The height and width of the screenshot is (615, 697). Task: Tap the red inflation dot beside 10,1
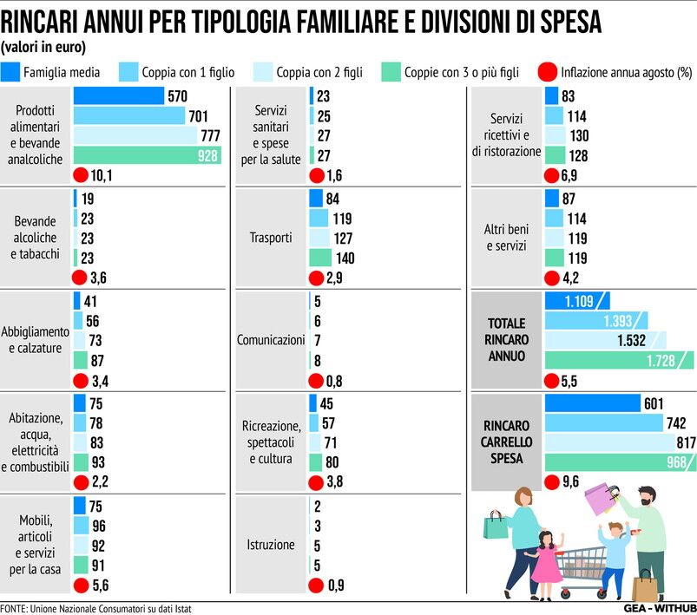click(81, 176)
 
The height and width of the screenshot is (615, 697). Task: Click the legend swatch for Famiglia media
click(11, 71)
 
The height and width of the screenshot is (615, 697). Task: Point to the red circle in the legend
click(548, 71)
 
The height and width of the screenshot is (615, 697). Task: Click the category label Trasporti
click(270, 237)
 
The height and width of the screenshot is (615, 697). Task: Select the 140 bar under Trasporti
click(320, 258)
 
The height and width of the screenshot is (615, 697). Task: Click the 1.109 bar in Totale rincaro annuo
click(576, 300)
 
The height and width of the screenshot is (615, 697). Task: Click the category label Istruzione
click(270, 545)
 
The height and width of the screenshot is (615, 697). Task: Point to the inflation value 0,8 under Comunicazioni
click(334, 380)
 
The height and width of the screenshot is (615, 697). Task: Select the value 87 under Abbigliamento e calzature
click(95, 359)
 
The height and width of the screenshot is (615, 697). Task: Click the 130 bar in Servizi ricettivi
click(555, 135)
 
